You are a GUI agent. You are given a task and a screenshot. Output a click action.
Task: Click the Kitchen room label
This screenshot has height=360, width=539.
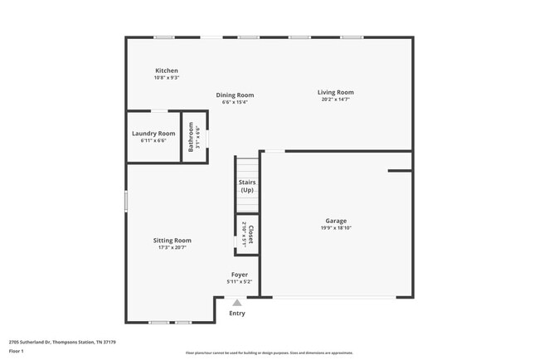tap(167, 71)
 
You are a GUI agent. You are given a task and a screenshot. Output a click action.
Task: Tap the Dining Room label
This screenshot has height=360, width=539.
tap(235, 95)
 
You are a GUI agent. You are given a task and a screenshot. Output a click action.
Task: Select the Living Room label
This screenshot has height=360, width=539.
tap(336, 92)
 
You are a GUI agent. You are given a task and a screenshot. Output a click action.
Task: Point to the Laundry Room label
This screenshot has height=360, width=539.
tap(153, 133)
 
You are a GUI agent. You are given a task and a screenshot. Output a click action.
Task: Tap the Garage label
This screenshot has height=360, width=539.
tap(336, 221)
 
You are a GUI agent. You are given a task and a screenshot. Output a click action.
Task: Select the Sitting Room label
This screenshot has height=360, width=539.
tap(172, 240)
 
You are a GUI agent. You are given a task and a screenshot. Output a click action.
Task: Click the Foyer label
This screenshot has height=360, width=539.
tap(239, 275)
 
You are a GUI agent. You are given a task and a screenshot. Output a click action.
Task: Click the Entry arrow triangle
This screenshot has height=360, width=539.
tap(237, 303)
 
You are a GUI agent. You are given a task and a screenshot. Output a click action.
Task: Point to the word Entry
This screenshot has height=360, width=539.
tap(237, 314)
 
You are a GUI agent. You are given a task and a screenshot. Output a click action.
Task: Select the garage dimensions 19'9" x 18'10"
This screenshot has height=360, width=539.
tap(336, 228)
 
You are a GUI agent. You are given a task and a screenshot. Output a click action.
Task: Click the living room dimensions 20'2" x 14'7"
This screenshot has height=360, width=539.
tap(336, 100)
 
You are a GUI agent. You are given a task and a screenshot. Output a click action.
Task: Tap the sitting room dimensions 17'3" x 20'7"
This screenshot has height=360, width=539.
tap(172, 247)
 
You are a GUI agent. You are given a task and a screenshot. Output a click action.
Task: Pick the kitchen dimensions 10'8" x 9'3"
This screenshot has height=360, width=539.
tap(167, 78)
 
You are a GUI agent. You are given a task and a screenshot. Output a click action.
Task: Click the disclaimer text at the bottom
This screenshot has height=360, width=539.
tap(269, 353)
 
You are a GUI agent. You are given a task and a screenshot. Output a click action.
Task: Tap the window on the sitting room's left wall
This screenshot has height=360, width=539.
tap(126, 201)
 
